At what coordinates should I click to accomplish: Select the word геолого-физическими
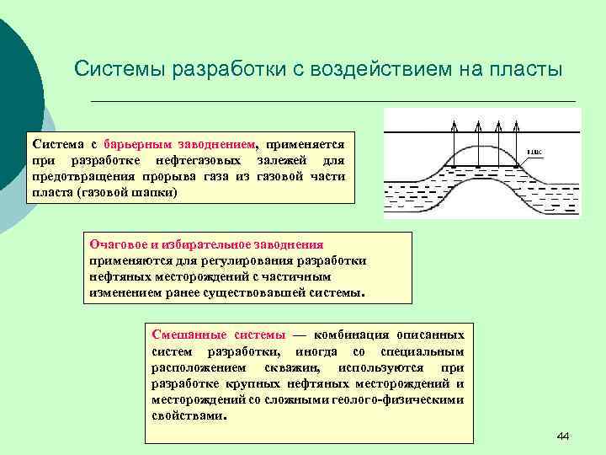pos(403,400)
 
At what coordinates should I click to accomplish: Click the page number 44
pos(563,436)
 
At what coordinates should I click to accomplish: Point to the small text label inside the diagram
pos(534,153)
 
